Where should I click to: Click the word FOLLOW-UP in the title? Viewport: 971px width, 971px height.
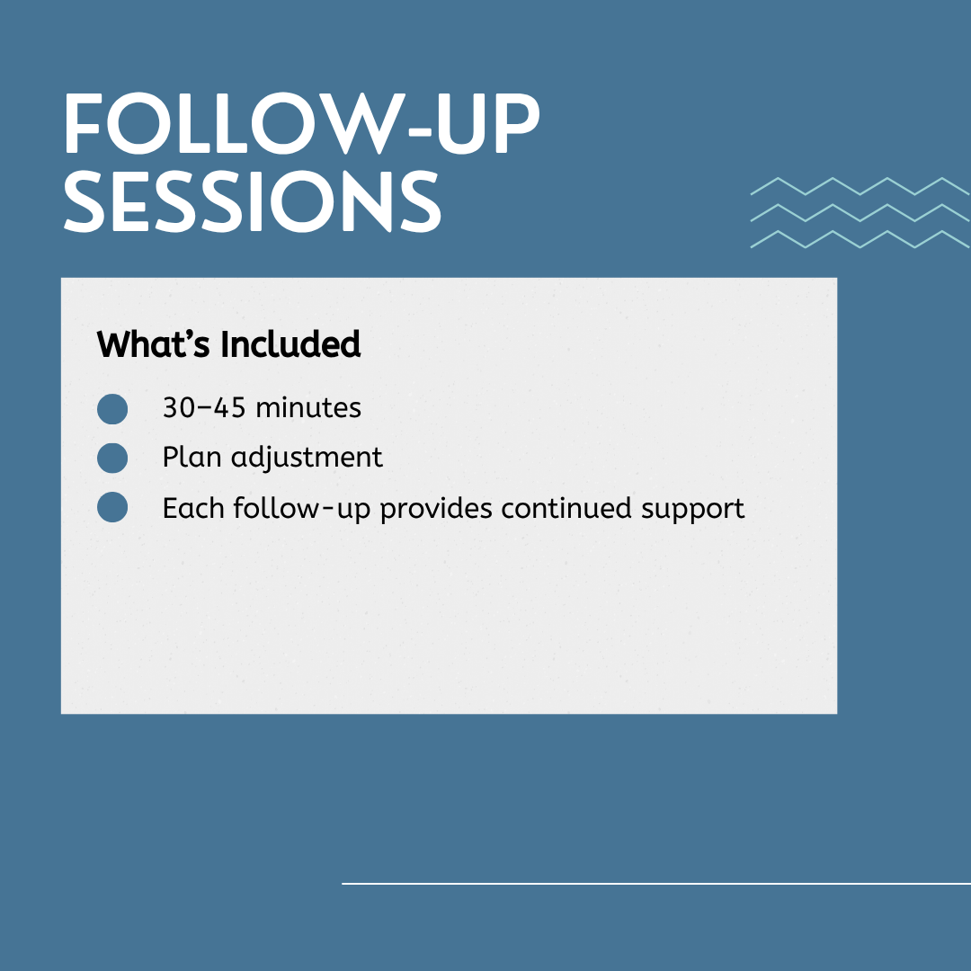[302, 123]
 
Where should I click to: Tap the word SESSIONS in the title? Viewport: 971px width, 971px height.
[253, 202]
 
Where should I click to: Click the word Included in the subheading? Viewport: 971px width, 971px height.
[290, 344]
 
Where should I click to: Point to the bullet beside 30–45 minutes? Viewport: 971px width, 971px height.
[112, 409]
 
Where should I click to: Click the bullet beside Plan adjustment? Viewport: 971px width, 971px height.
[112, 459]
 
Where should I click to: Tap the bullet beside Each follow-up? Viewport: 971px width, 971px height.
[112, 507]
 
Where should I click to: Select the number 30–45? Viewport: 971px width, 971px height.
[204, 407]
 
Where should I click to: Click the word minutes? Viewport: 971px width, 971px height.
[308, 407]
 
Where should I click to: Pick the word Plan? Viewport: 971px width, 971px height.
[192, 457]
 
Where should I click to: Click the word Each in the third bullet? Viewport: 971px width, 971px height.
[193, 508]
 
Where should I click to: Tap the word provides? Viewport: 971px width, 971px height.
[436, 510]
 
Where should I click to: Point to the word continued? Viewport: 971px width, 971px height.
[566, 508]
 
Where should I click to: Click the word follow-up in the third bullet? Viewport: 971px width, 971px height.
[301, 510]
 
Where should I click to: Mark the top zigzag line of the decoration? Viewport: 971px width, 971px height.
[860, 186]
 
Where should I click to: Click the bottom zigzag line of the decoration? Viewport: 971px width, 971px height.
[860, 239]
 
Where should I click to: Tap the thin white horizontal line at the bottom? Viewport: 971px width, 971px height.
[656, 884]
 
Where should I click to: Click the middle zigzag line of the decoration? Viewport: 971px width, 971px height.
[860, 212]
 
